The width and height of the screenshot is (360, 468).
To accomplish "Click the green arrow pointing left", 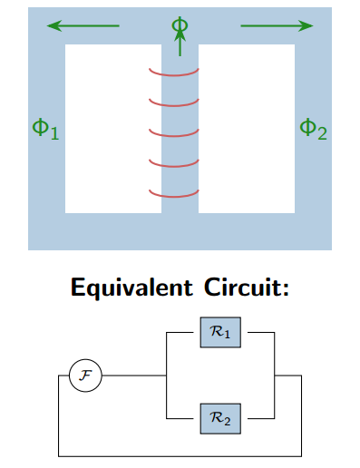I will tap(83, 26).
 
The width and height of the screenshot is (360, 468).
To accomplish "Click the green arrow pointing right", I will tap(277, 26).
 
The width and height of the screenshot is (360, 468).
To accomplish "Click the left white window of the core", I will tap(112, 129).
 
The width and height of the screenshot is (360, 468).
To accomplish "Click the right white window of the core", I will tap(247, 129).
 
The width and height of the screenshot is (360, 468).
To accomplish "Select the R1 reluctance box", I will tap(220, 333).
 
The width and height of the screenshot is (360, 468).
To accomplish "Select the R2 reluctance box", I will tap(220, 419).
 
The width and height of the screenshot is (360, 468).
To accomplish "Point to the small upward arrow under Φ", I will tap(180, 42).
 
